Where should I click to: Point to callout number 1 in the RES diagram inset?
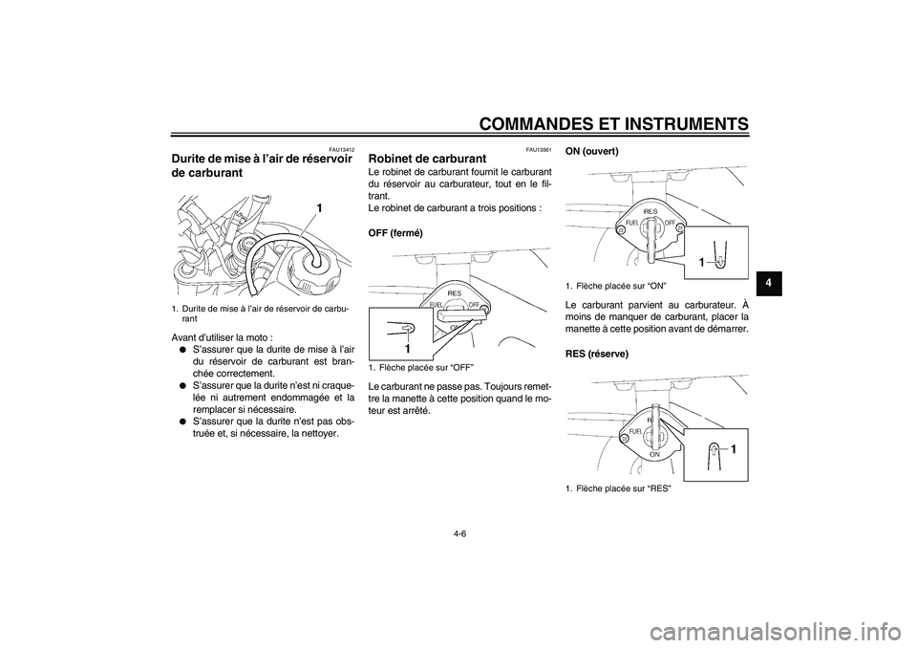pos(736,447)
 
